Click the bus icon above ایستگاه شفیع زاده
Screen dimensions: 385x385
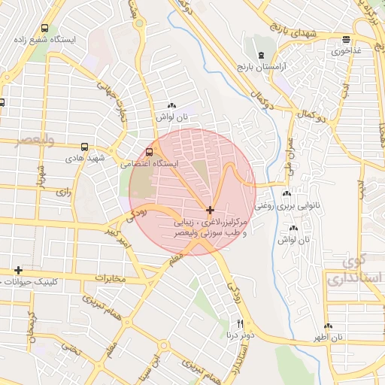pos(47,24)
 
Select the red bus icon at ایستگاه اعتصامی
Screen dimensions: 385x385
pos(149,151)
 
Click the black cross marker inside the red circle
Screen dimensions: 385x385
pos(210,208)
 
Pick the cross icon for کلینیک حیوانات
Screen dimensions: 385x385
pos(18,270)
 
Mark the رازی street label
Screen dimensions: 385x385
pos(62,192)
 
